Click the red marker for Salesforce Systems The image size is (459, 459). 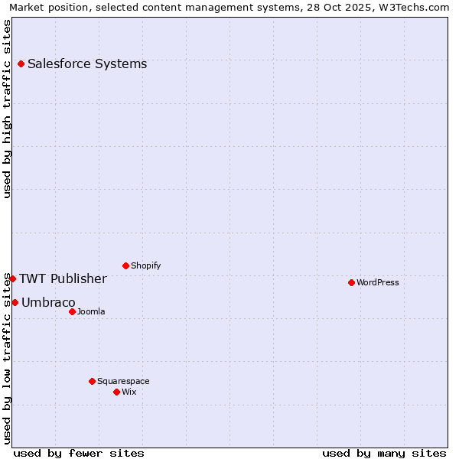tap(21, 64)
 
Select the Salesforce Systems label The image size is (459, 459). tap(87, 64)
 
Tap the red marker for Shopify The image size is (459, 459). tap(126, 266)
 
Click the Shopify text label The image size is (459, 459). tap(145, 266)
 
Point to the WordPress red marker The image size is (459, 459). tap(352, 283)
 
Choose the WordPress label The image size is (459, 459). tap(378, 283)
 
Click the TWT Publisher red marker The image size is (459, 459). tap(12, 279)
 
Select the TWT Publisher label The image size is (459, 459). tap(63, 279)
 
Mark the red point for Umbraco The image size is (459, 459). tap(15, 303)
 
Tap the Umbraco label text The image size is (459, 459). tap(48, 303)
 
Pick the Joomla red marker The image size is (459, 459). tap(73, 312)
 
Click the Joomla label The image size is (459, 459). tap(91, 312)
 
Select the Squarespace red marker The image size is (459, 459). tap(93, 382)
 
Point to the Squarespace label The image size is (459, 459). tap(123, 382)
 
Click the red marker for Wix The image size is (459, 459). tap(117, 392)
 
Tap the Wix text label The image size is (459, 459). tap(129, 392)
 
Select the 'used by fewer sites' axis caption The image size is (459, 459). tap(79, 454)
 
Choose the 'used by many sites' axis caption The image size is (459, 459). tap(384, 454)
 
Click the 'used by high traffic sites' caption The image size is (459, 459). tap(8, 109)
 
